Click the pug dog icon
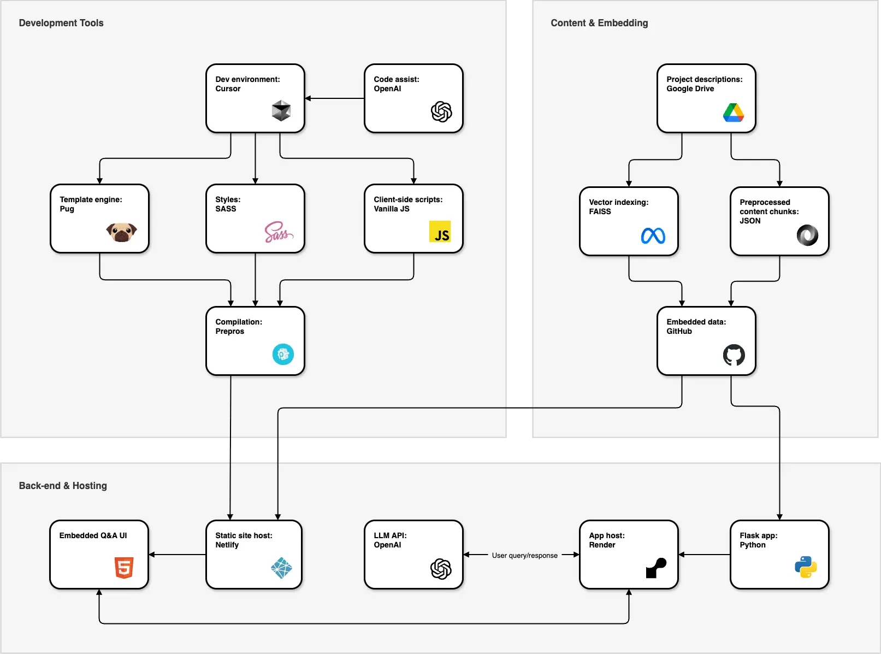coord(121,232)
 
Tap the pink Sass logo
coord(279,232)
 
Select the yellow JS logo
coord(440,232)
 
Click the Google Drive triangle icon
coord(734,113)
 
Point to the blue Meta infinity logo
coord(653,235)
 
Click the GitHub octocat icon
coord(734,355)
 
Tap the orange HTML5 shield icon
coord(124,568)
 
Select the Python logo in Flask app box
coord(806,567)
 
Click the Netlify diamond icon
coord(281,568)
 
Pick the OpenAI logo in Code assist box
coord(441,112)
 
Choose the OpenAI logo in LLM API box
coord(441,569)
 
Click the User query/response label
coord(524,556)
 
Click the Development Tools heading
coord(61,23)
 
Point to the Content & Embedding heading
coord(599,23)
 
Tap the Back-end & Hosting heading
coord(63,486)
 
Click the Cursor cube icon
coord(281,110)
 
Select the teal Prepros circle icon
coord(283,355)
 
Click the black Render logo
coord(656,568)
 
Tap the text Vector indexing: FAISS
coord(618,207)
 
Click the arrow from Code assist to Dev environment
coord(334,98)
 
